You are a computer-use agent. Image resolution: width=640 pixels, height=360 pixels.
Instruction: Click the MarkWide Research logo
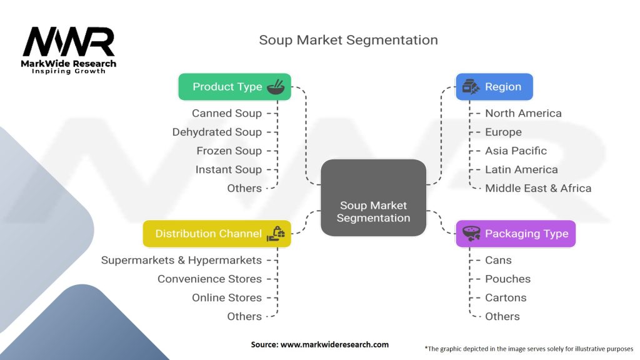[x=69, y=50]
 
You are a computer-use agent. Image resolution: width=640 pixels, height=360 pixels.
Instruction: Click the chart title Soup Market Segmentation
[x=348, y=40]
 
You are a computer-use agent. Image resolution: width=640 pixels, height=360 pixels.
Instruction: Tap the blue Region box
[x=494, y=87]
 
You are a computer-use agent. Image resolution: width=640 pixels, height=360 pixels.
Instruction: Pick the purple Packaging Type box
[x=515, y=234]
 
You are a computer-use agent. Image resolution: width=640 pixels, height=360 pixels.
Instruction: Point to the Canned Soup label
[x=226, y=113]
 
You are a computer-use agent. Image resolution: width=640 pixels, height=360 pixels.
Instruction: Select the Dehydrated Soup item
[x=217, y=132]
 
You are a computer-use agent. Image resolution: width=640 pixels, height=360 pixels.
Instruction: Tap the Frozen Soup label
[x=229, y=151]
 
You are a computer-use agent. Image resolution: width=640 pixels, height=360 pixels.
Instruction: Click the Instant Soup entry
[x=228, y=169]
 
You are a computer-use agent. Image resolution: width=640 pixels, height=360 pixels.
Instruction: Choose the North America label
[x=523, y=113]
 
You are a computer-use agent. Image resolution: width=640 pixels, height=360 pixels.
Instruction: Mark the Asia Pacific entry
[x=516, y=151]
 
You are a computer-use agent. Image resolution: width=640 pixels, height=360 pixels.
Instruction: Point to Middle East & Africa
[x=537, y=188]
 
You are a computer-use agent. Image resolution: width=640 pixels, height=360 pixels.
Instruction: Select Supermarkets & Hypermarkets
[x=181, y=260]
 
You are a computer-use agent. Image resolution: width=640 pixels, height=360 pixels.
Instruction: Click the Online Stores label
[x=227, y=297]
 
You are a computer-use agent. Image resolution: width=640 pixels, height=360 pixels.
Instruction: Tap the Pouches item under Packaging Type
[x=507, y=279]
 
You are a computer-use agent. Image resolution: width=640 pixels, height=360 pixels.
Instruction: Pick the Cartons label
[x=506, y=297]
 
